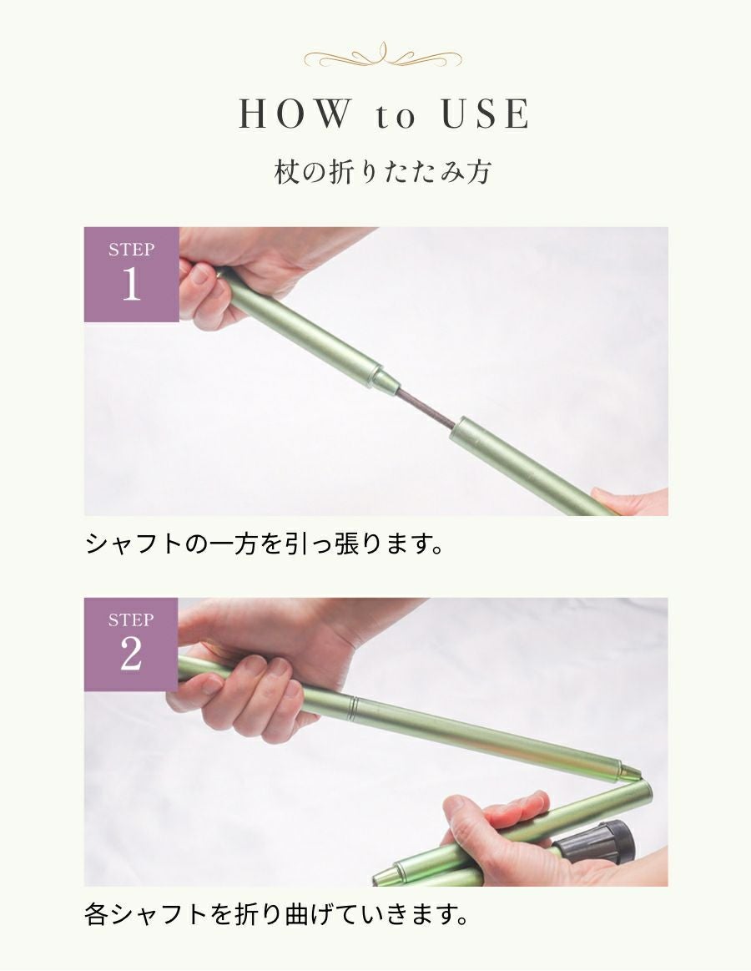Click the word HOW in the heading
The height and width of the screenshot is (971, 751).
pos(293,115)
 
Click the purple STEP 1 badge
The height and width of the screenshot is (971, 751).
pos(131,274)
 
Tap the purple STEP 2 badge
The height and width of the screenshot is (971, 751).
pos(131,644)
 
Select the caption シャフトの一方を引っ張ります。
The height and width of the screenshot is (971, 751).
pos(263,544)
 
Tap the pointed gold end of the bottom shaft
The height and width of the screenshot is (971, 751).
pos(383,877)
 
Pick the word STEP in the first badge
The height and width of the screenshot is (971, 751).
pos(131,250)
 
